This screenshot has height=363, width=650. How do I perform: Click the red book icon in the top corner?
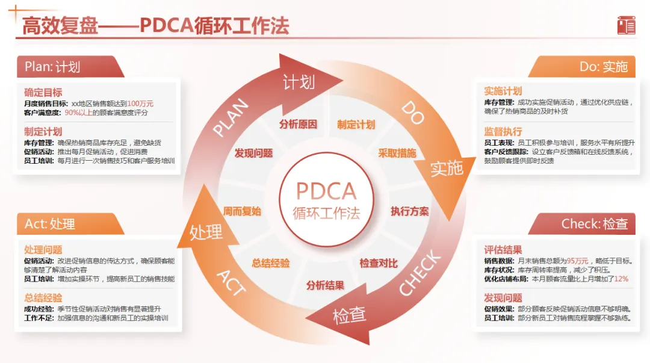(x=626, y=26)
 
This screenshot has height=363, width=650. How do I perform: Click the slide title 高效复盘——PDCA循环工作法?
(x=155, y=26)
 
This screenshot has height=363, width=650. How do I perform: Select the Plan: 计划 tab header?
(x=53, y=67)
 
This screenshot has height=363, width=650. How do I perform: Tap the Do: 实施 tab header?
(x=603, y=67)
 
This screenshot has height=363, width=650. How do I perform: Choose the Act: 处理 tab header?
(x=50, y=224)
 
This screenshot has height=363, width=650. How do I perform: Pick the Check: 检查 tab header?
(x=594, y=224)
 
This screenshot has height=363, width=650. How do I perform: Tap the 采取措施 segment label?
(x=397, y=153)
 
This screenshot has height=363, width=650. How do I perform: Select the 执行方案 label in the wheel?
(x=410, y=211)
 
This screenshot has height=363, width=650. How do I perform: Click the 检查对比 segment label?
(x=379, y=263)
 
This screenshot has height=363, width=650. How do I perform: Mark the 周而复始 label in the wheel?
(x=242, y=211)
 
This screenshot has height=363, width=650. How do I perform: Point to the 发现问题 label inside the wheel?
(x=253, y=153)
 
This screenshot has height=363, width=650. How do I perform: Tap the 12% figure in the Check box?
(x=621, y=279)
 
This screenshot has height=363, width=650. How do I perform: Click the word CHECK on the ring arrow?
(x=419, y=273)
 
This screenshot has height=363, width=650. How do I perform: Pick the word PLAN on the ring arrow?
(x=231, y=119)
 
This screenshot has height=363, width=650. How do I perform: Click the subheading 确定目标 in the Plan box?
(x=43, y=93)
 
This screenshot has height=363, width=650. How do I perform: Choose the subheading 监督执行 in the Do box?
(x=503, y=131)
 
